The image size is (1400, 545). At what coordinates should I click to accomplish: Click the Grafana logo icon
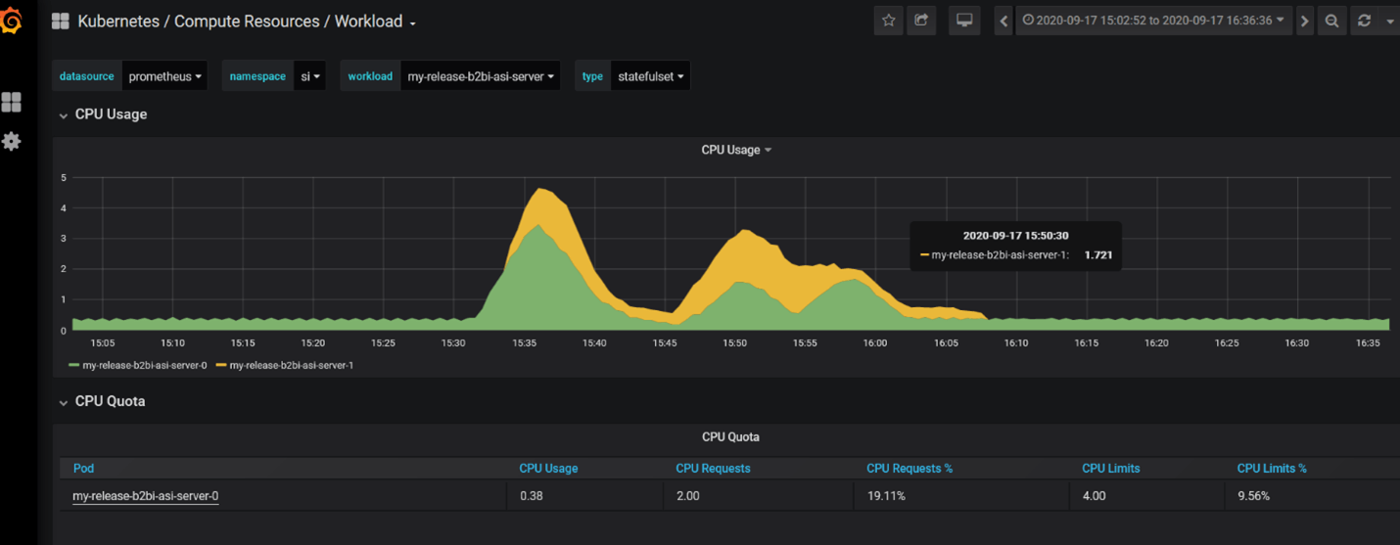[12, 21]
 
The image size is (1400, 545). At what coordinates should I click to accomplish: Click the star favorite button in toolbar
[888, 21]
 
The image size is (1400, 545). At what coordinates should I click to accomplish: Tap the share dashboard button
[921, 21]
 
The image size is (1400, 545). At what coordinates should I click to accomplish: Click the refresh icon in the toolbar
[1364, 21]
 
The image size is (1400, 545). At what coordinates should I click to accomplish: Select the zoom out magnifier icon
[1331, 21]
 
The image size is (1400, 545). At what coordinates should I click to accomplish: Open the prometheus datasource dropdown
[164, 76]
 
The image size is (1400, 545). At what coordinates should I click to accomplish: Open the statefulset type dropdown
[650, 76]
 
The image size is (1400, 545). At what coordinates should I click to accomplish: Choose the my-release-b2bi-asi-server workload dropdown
[480, 76]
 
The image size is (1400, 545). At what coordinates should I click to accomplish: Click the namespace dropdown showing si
[309, 76]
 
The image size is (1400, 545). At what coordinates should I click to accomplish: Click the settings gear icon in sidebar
[12, 141]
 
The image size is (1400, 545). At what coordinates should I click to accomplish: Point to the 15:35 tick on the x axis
[524, 343]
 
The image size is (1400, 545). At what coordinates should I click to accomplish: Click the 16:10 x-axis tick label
[1015, 343]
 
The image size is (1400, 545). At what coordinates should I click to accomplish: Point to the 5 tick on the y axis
[64, 178]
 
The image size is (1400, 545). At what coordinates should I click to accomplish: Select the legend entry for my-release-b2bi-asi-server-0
[144, 365]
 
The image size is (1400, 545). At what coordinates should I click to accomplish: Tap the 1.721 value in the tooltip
[1097, 255]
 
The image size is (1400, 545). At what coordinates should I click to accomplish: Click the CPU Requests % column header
[909, 469]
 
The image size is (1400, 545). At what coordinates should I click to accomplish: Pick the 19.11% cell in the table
[886, 496]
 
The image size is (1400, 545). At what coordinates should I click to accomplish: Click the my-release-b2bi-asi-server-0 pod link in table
[145, 496]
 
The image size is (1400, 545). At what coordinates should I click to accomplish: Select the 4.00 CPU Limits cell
[1094, 496]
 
